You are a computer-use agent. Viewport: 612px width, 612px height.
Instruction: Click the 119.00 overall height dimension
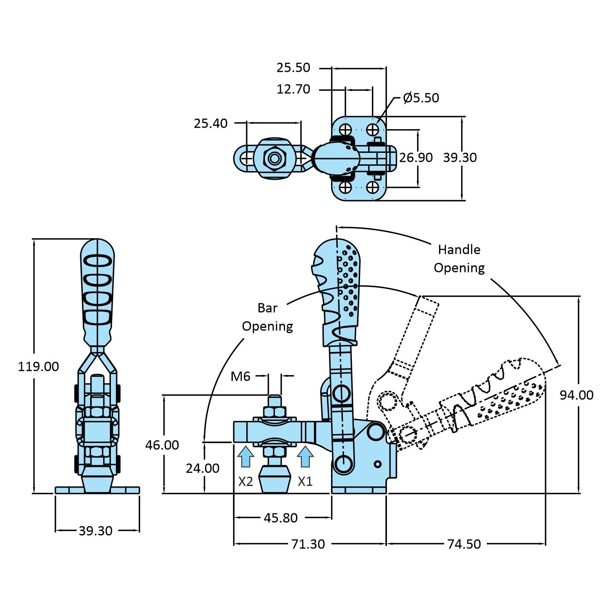coord(38,367)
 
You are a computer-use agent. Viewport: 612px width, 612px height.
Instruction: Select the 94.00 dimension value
coord(576,395)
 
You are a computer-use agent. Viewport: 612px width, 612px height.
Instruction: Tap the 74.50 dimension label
coord(464,544)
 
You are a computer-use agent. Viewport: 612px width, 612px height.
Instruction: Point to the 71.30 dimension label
coord(308,544)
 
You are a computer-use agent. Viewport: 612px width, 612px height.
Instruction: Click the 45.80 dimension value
coord(281,518)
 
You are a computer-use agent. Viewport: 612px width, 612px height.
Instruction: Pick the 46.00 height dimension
coord(162,445)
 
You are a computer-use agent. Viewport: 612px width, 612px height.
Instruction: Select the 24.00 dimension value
coord(203,468)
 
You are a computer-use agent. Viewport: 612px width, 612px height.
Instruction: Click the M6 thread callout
coord(240,376)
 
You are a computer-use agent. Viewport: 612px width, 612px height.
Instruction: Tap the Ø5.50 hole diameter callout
coord(421,98)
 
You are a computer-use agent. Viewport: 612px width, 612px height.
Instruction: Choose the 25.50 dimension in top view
coord(293,68)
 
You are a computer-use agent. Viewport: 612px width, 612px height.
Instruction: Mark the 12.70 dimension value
coord(293,89)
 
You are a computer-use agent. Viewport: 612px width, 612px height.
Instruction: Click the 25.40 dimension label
coord(210,123)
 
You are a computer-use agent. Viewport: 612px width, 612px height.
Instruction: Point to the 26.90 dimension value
coord(415,157)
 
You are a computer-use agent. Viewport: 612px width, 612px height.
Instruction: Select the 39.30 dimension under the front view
coord(95,531)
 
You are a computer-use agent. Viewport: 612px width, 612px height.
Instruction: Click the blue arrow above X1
coord(305,457)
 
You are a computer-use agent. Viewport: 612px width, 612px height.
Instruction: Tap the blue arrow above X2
coord(245,457)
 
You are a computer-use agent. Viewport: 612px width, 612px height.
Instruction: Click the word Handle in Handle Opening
coord(459,250)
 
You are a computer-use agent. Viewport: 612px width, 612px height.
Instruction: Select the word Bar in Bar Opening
coord(267,308)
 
